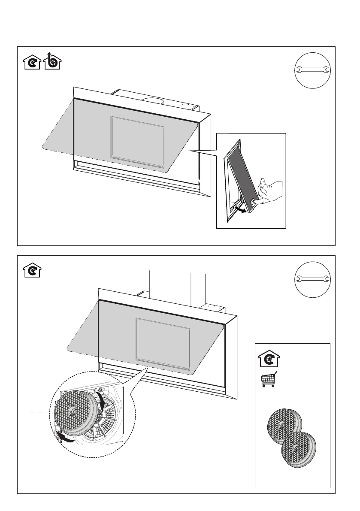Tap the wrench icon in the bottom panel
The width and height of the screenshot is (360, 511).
[312, 279]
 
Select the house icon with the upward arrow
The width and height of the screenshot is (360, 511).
[53, 61]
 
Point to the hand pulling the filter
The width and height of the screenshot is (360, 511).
[270, 192]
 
